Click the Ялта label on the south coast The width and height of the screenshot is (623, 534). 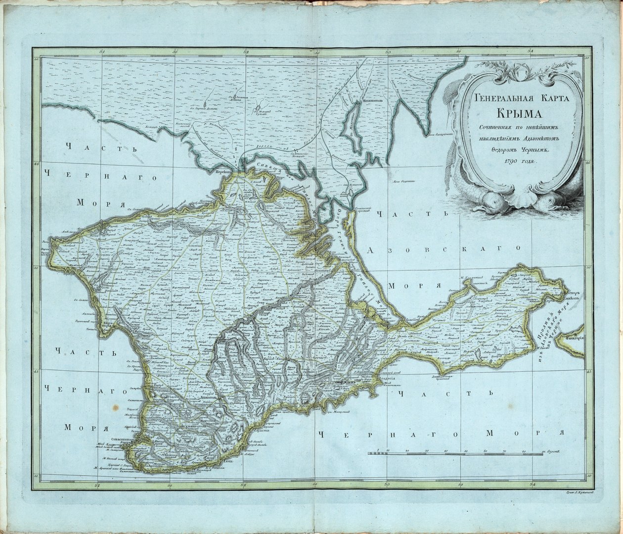[x=226, y=461]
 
